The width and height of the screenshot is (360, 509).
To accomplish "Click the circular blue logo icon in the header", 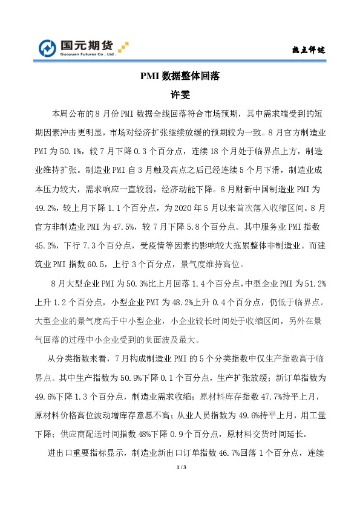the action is click(x=48, y=48).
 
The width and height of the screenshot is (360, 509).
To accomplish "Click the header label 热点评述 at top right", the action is click(x=309, y=50).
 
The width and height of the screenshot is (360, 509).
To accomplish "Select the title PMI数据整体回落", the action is click(x=180, y=77).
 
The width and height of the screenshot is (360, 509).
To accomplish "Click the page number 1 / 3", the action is click(x=180, y=468).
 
